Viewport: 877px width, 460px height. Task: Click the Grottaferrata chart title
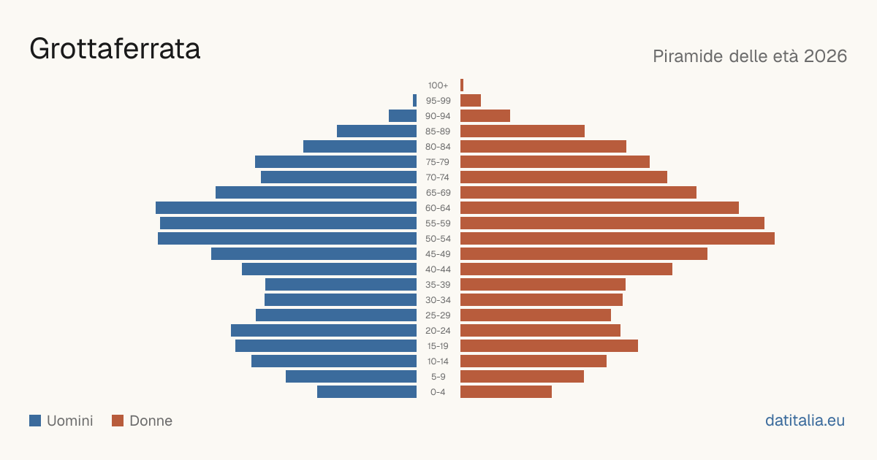click(x=115, y=50)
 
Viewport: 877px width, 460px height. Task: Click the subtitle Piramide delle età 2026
click(x=750, y=56)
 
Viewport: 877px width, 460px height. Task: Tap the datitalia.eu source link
click(x=805, y=421)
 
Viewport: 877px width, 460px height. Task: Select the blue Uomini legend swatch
click(x=35, y=421)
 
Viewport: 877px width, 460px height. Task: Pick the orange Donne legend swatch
click(x=118, y=421)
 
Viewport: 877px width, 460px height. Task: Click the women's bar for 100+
click(x=462, y=85)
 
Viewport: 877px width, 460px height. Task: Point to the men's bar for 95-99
click(x=414, y=101)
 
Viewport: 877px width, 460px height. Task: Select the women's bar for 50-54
click(x=618, y=239)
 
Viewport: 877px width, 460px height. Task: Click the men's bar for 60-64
click(x=286, y=207)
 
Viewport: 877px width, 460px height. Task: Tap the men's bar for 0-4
click(x=367, y=392)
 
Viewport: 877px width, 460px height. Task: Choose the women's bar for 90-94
click(x=485, y=116)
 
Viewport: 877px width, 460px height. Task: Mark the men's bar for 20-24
click(x=324, y=331)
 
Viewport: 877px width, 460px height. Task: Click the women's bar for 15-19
click(x=549, y=346)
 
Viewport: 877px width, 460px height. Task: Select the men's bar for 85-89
click(x=376, y=131)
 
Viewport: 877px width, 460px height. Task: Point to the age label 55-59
click(x=438, y=223)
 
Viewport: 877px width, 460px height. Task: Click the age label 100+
click(x=438, y=85)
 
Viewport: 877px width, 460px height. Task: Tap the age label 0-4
click(x=438, y=392)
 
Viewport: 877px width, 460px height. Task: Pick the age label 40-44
click(x=438, y=269)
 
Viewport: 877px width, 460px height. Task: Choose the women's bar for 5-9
click(x=522, y=377)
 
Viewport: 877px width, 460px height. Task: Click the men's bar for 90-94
click(x=403, y=116)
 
